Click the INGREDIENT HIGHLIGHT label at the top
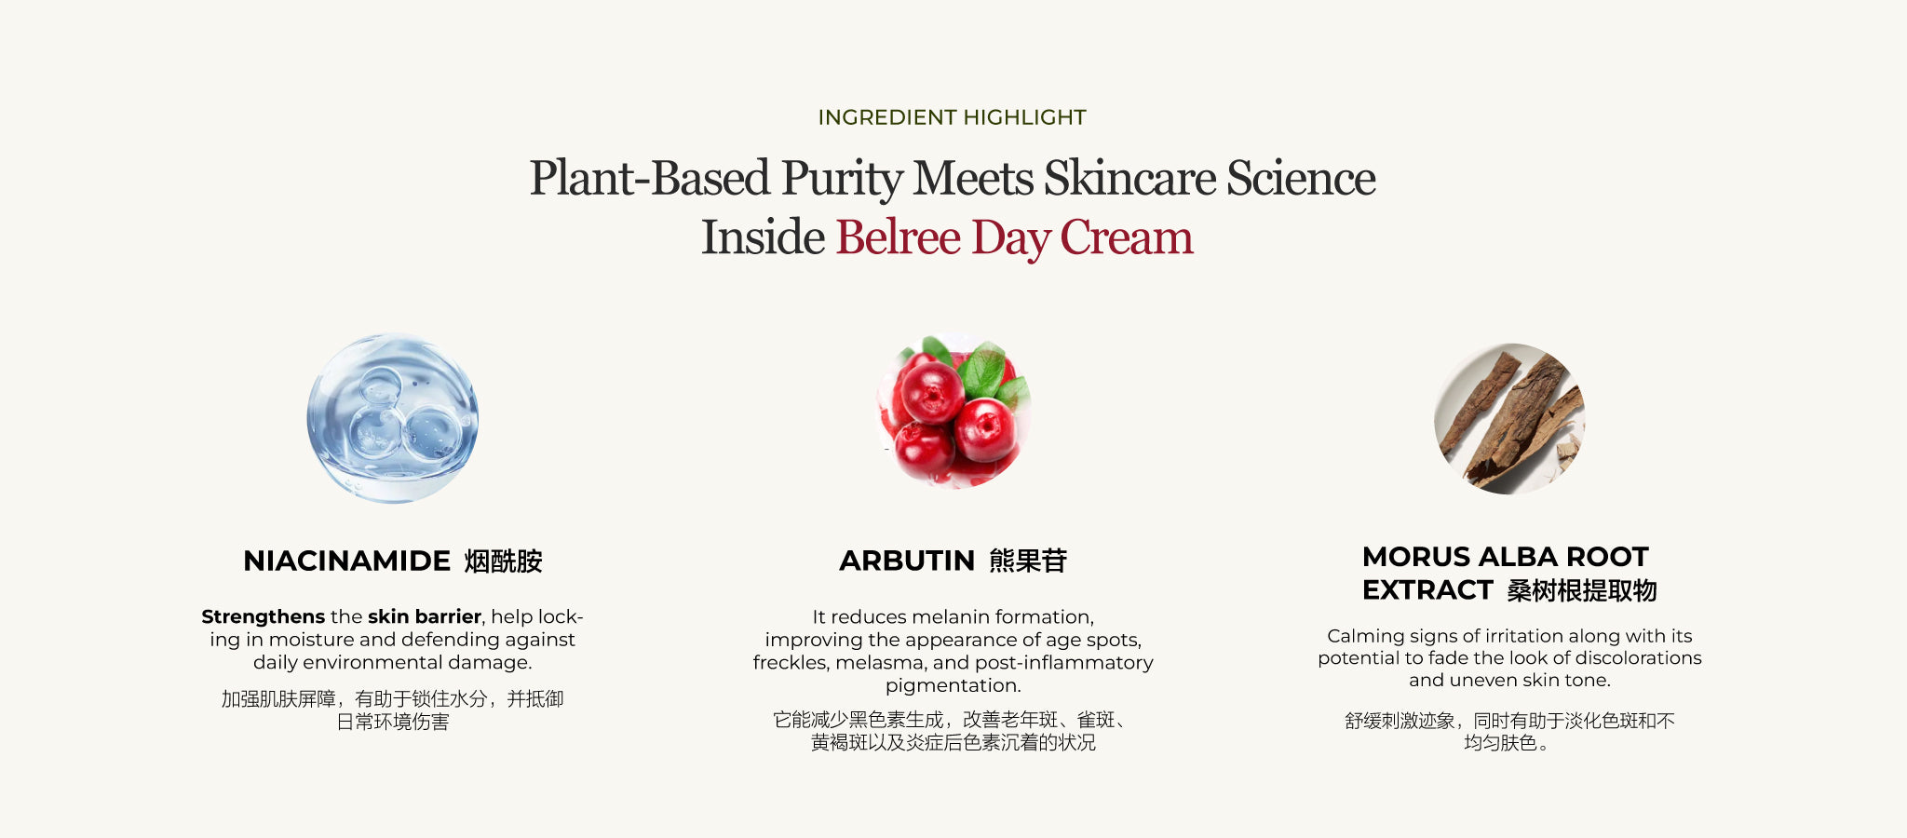952,117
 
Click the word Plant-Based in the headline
650,178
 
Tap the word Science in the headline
1301,178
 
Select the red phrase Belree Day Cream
1014,237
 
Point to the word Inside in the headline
763,237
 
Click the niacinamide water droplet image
393,418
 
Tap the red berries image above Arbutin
953,410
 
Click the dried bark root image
1508,419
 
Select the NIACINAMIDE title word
346,561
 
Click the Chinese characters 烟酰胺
503,561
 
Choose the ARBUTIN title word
906,561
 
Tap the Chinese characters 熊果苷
1028,561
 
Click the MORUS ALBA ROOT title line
1505,557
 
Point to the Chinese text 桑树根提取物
1582,590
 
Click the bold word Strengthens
264,616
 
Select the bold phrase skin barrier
425,616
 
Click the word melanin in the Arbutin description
942,616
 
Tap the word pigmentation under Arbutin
953,686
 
